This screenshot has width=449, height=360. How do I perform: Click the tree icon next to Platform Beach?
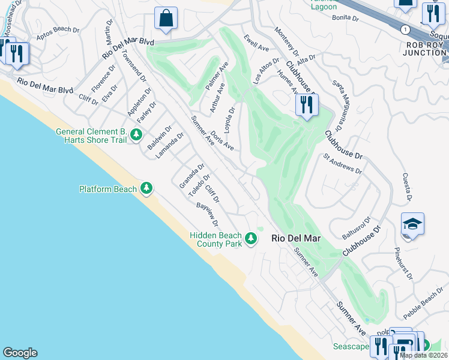click(x=146, y=189)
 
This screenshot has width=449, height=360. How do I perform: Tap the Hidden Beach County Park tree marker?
click(x=251, y=239)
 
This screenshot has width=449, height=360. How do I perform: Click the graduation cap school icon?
click(x=412, y=224)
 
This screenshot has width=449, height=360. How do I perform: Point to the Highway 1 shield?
click(x=406, y=29)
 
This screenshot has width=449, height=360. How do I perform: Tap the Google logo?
click(x=20, y=353)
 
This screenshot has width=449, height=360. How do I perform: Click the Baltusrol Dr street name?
click(x=357, y=227)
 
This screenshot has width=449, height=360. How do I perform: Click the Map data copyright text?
click(x=423, y=355)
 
